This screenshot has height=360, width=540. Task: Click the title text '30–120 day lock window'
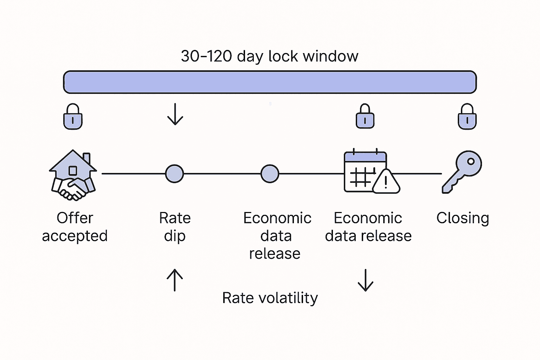coord(270,56)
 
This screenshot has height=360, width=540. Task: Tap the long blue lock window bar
coord(270,82)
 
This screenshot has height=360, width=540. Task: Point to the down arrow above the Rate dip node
coord(175,114)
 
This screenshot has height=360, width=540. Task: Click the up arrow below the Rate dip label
coord(175,280)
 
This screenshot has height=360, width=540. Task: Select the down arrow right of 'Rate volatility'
coord(365,280)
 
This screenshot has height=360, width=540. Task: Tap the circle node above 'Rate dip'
coord(174,174)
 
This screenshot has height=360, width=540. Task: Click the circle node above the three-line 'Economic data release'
coord(270,174)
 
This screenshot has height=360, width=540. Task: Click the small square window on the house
coord(73,171)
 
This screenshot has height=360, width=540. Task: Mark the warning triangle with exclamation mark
coord(386,182)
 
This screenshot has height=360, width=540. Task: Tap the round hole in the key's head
coord(471,162)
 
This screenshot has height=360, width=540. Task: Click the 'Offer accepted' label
coord(75,227)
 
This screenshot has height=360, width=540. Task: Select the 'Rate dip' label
coord(175,227)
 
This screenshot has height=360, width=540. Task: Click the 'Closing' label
coord(463,218)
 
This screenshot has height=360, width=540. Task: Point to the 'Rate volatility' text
coord(270,298)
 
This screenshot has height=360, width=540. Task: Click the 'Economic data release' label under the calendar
coord(368,227)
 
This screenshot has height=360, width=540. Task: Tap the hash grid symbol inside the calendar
coord(361,177)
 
